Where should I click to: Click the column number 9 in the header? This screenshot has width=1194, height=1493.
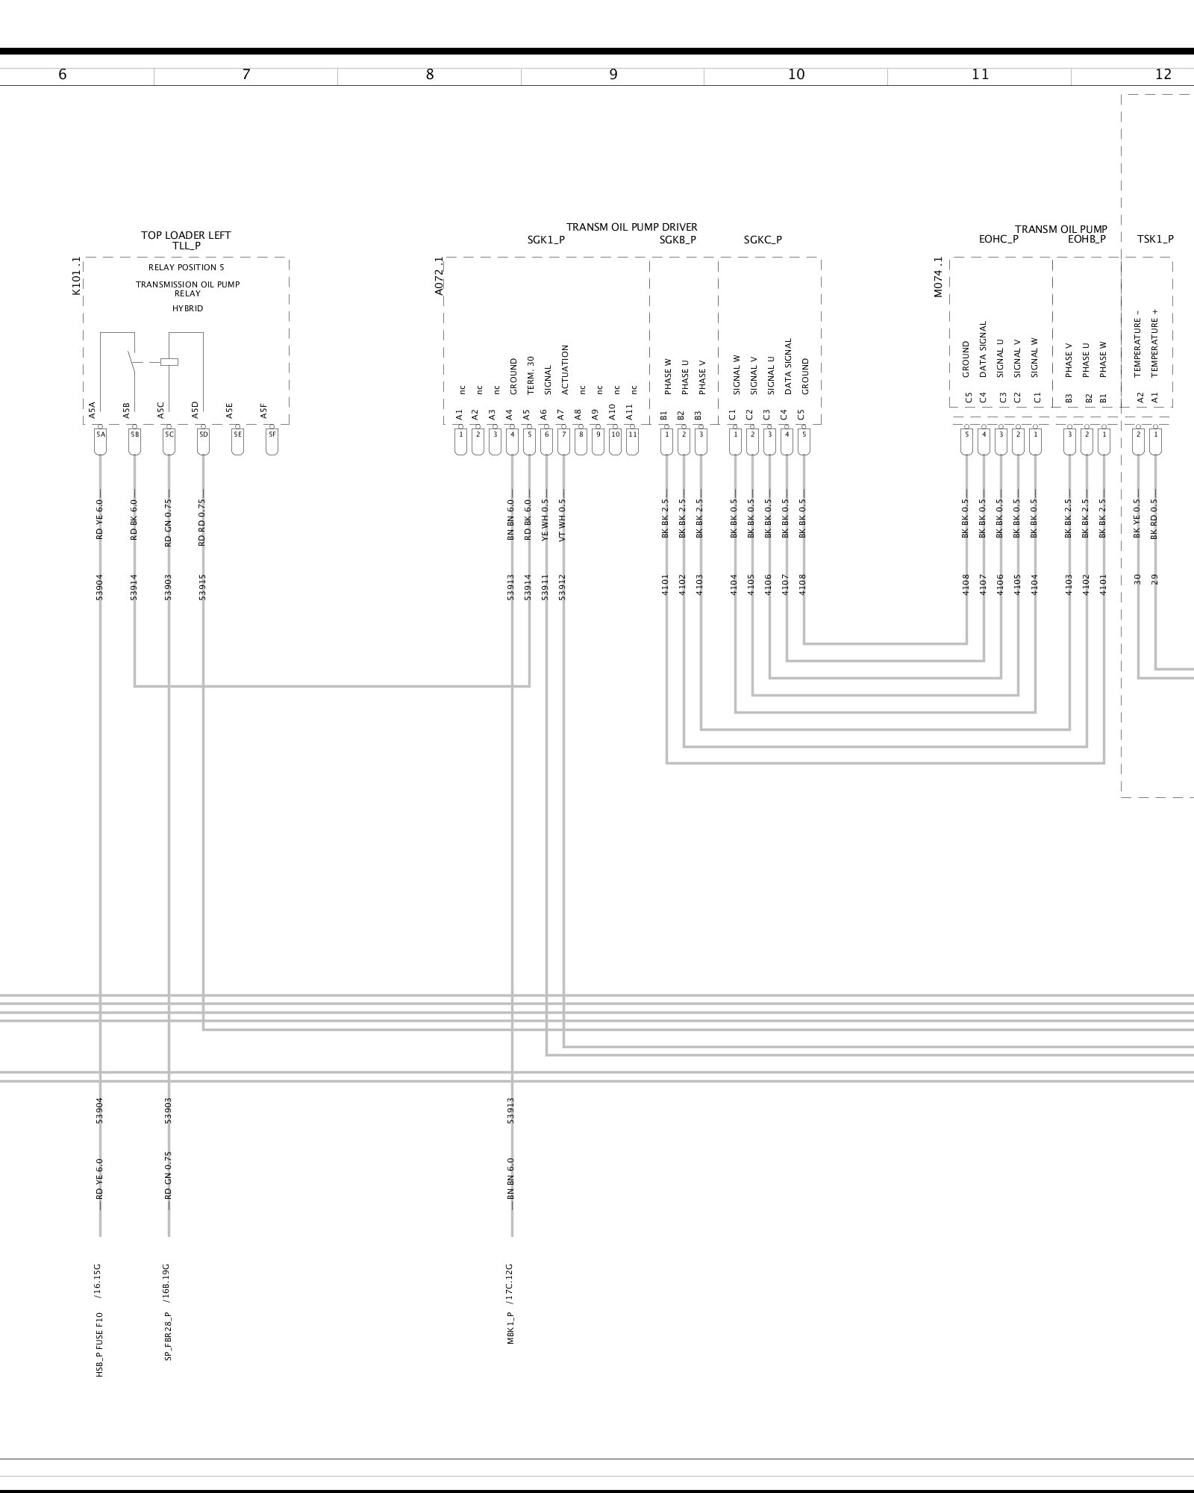pos(613,75)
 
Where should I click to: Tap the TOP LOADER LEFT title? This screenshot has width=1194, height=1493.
pos(186,235)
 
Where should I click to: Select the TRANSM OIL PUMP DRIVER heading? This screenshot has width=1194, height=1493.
pos(631,227)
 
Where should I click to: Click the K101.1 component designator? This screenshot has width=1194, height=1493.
pos(76,276)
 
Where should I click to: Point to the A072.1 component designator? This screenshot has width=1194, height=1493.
pos(439,276)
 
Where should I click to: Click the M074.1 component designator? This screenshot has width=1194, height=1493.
pos(938,278)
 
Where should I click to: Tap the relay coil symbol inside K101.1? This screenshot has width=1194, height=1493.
pos(169,362)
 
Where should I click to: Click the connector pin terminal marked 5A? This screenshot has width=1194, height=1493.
pos(101,434)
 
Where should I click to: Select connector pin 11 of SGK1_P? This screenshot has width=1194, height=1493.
pos(633,434)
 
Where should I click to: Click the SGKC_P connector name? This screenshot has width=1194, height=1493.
pos(763,240)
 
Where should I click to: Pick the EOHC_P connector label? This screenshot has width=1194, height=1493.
pos(998,240)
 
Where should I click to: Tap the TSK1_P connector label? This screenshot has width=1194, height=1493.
pos(1154,240)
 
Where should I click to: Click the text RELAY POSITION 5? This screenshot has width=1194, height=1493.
pos(186,267)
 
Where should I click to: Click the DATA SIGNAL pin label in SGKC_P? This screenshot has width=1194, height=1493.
pos(788,367)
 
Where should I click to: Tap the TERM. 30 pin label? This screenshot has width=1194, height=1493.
pos(531,375)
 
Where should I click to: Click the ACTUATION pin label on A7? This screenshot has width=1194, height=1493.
pos(565,370)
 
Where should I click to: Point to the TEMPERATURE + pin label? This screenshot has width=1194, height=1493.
pos(1155,348)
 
